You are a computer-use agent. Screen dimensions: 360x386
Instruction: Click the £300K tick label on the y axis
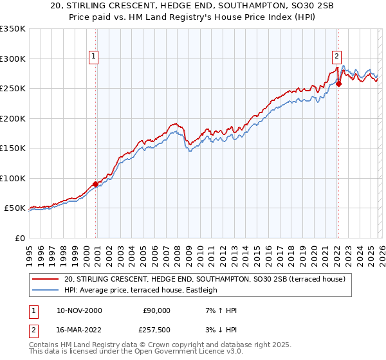coord(13,59)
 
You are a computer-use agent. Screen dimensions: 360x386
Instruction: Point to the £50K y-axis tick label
coord(15,208)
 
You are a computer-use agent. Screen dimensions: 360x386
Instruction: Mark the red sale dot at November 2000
coord(96,184)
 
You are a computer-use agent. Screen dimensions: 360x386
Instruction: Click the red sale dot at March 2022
coord(338,84)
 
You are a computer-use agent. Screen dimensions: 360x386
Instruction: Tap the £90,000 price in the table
coord(156,310)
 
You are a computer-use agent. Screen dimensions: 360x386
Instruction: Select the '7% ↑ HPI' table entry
coord(221,310)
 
